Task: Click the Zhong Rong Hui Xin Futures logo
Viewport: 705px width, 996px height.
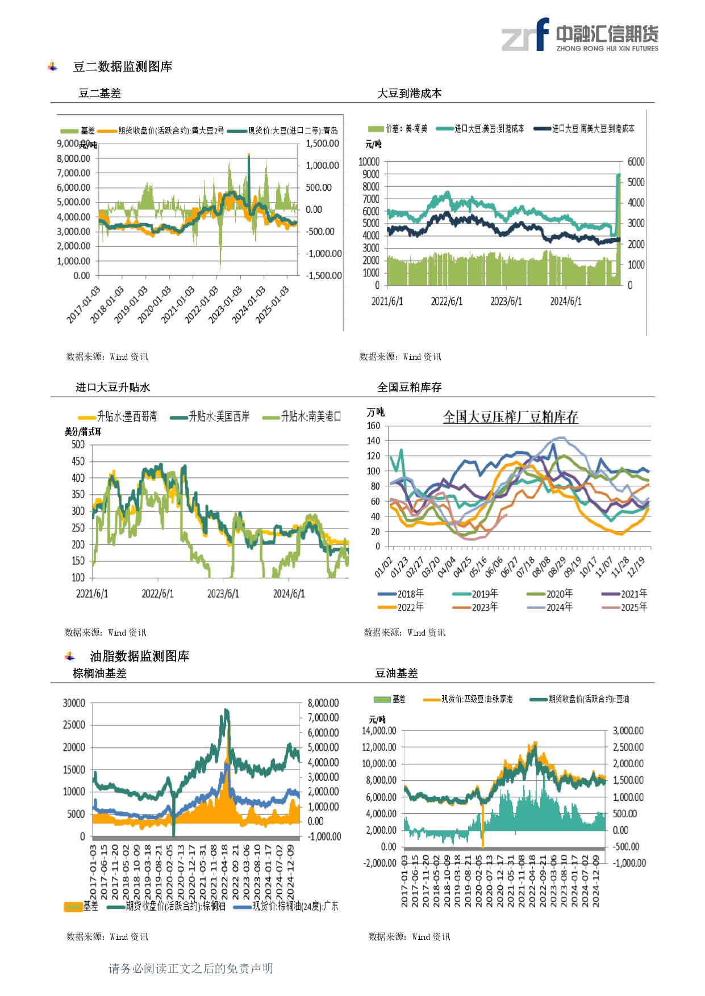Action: click(579, 35)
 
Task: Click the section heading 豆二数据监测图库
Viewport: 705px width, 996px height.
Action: click(122, 67)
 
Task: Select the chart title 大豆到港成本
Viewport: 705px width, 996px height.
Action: click(409, 94)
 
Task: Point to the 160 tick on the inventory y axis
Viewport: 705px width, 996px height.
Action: click(373, 426)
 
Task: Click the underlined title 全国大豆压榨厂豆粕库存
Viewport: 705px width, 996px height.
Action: click(510, 417)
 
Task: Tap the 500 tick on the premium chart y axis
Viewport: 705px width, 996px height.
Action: click(78, 445)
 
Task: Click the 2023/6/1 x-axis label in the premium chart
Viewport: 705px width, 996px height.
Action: click(223, 594)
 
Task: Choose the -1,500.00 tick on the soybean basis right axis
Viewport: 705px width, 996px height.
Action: click(324, 276)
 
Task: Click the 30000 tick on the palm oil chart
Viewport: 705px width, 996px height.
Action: click(74, 703)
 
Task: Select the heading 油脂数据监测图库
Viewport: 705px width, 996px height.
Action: click(139, 657)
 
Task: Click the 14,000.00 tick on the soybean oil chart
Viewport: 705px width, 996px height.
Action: click(379, 731)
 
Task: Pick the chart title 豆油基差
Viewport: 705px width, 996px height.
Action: click(396, 674)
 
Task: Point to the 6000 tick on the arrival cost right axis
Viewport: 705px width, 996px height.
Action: click(636, 162)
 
